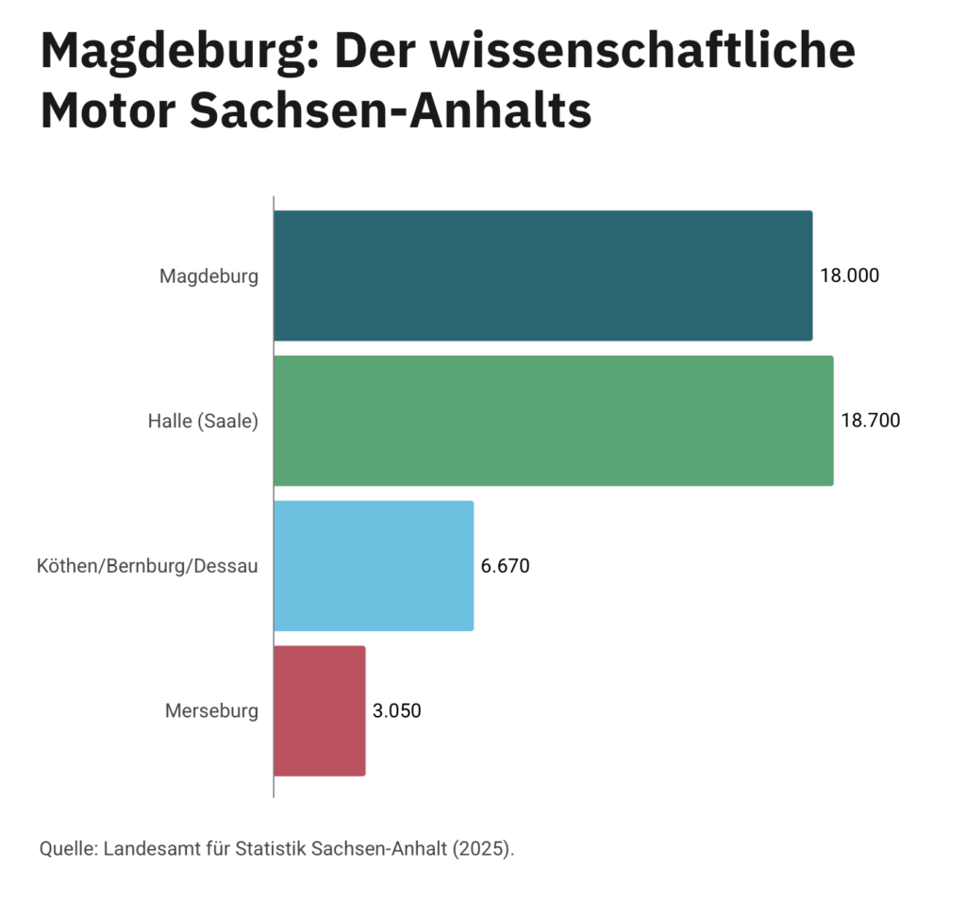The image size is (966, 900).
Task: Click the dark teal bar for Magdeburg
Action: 542,275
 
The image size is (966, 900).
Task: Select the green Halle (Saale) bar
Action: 553,421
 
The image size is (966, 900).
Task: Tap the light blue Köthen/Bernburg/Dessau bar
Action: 374,566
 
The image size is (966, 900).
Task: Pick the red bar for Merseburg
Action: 319,711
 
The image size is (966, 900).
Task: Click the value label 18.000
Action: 849,275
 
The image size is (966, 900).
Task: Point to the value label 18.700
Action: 870,421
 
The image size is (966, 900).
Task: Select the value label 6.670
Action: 506,566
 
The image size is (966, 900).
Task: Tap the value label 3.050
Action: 397,711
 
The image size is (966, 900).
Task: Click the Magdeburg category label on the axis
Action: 208,276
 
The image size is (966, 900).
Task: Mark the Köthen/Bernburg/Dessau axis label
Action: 147,567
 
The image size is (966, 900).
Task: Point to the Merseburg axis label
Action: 211,711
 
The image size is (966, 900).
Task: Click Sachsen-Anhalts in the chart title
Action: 391,111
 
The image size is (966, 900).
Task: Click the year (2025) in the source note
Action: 483,847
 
